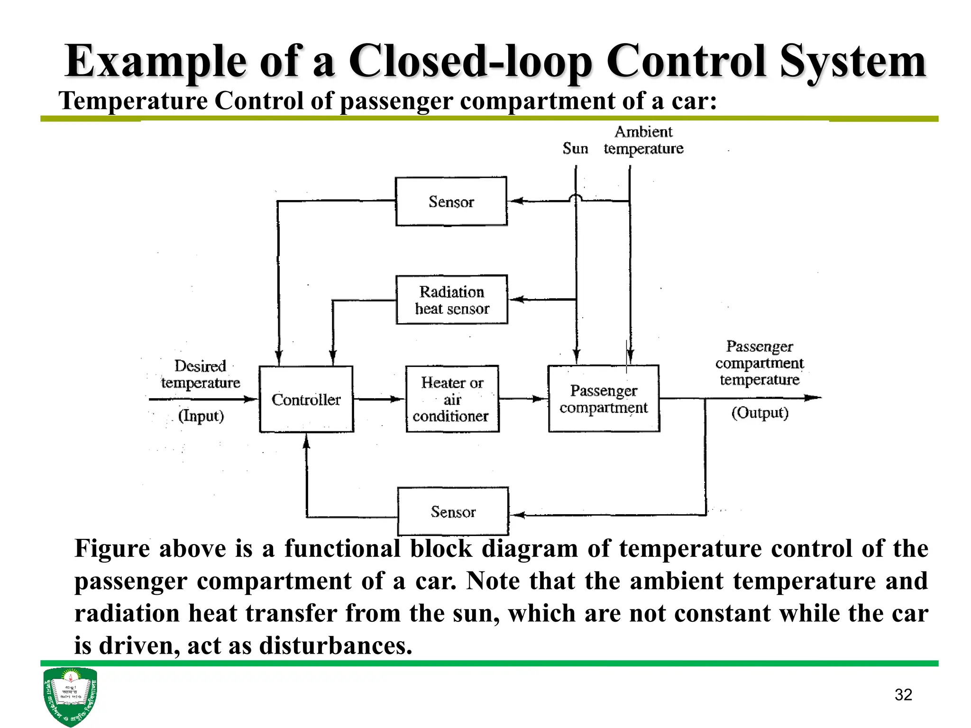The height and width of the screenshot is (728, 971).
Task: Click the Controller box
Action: [306, 399]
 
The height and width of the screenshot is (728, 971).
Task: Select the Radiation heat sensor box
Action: [451, 300]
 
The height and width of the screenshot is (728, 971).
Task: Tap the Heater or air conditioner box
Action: [452, 399]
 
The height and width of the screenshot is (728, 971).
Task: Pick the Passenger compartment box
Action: [604, 399]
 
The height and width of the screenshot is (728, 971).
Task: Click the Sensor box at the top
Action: [451, 201]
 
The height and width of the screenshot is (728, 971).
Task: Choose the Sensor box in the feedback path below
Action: [453, 511]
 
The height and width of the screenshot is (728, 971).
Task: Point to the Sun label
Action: [575, 148]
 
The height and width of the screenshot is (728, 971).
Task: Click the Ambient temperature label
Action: [643, 140]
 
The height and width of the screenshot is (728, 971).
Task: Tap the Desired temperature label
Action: [200, 374]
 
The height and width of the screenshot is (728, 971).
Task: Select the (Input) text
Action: [201, 416]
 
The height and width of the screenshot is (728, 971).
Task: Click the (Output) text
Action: [760, 413]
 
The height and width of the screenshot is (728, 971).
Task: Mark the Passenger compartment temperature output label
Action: [759, 363]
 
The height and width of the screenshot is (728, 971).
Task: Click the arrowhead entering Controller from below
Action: [306, 442]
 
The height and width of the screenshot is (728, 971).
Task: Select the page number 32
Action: [903, 695]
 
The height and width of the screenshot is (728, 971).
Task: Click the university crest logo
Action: [70, 696]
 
